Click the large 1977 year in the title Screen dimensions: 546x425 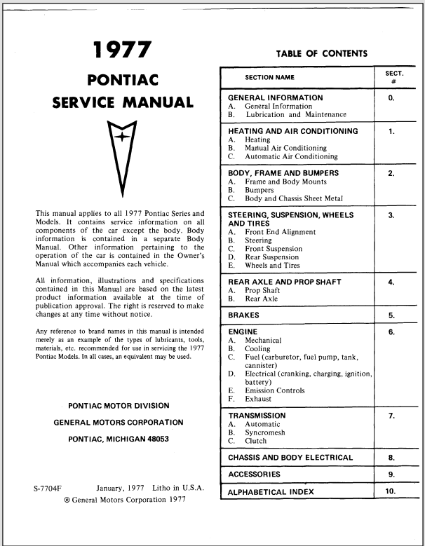pyautogui.click(x=123, y=50)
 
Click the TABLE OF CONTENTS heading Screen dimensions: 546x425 pyautogui.click(x=321, y=53)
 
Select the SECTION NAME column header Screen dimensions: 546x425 pyautogui.click(x=270, y=78)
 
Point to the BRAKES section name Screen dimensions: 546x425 pyautogui.click(x=243, y=315)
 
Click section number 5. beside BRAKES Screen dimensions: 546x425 pyautogui.click(x=391, y=316)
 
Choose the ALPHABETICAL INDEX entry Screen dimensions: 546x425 pyautogui.click(x=271, y=492)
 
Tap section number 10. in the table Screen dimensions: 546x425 pyautogui.click(x=391, y=491)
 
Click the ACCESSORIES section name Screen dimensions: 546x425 pyautogui.click(x=255, y=475)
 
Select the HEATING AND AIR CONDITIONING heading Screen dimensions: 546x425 pyautogui.click(x=293, y=131)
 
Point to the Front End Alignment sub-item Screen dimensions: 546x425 pyautogui.click(x=280, y=232)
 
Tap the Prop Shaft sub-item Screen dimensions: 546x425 pyautogui.click(x=262, y=290)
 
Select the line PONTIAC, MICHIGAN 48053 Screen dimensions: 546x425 pyautogui.click(x=119, y=439)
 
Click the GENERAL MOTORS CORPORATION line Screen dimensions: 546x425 pyautogui.click(x=119, y=423)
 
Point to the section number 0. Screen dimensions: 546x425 pyautogui.click(x=391, y=99)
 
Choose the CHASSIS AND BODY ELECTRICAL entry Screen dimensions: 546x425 pyautogui.click(x=290, y=458)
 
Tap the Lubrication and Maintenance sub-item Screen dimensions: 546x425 pyautogui.click(x=295, y=114)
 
